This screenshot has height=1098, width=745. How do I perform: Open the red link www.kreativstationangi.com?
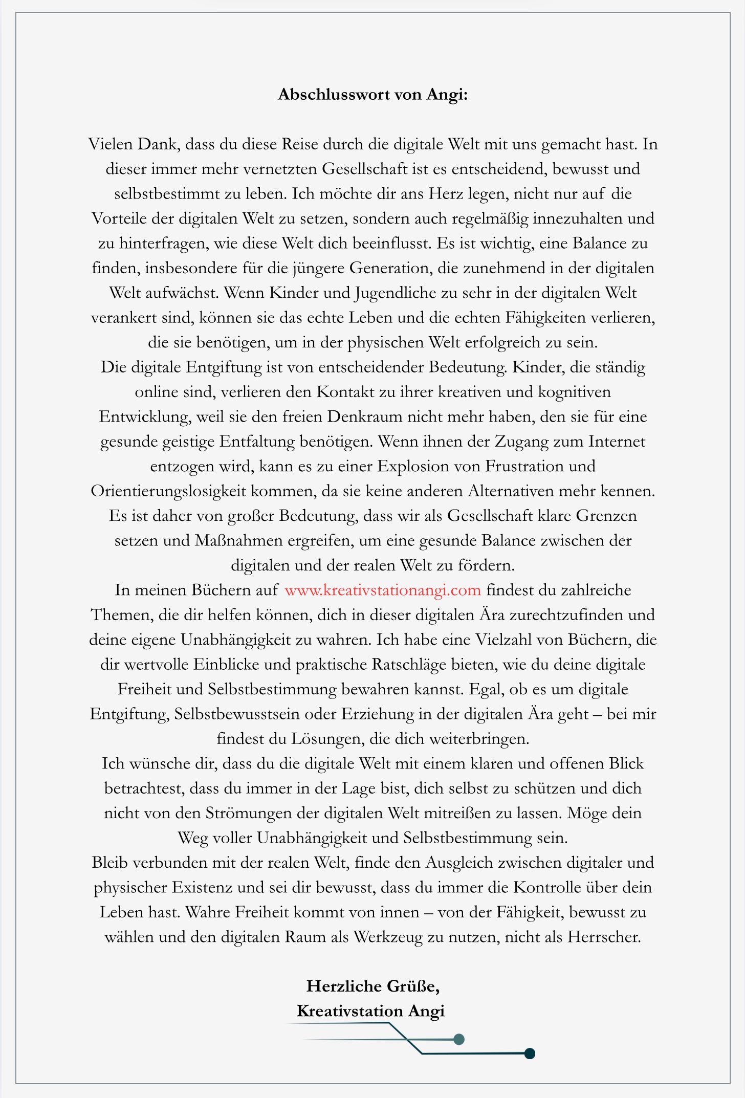point(383,590)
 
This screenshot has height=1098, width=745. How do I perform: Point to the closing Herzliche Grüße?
point(372,986)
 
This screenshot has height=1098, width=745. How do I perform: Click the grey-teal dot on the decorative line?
point(459,1039)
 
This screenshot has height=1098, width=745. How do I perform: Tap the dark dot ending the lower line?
point(530,1053)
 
